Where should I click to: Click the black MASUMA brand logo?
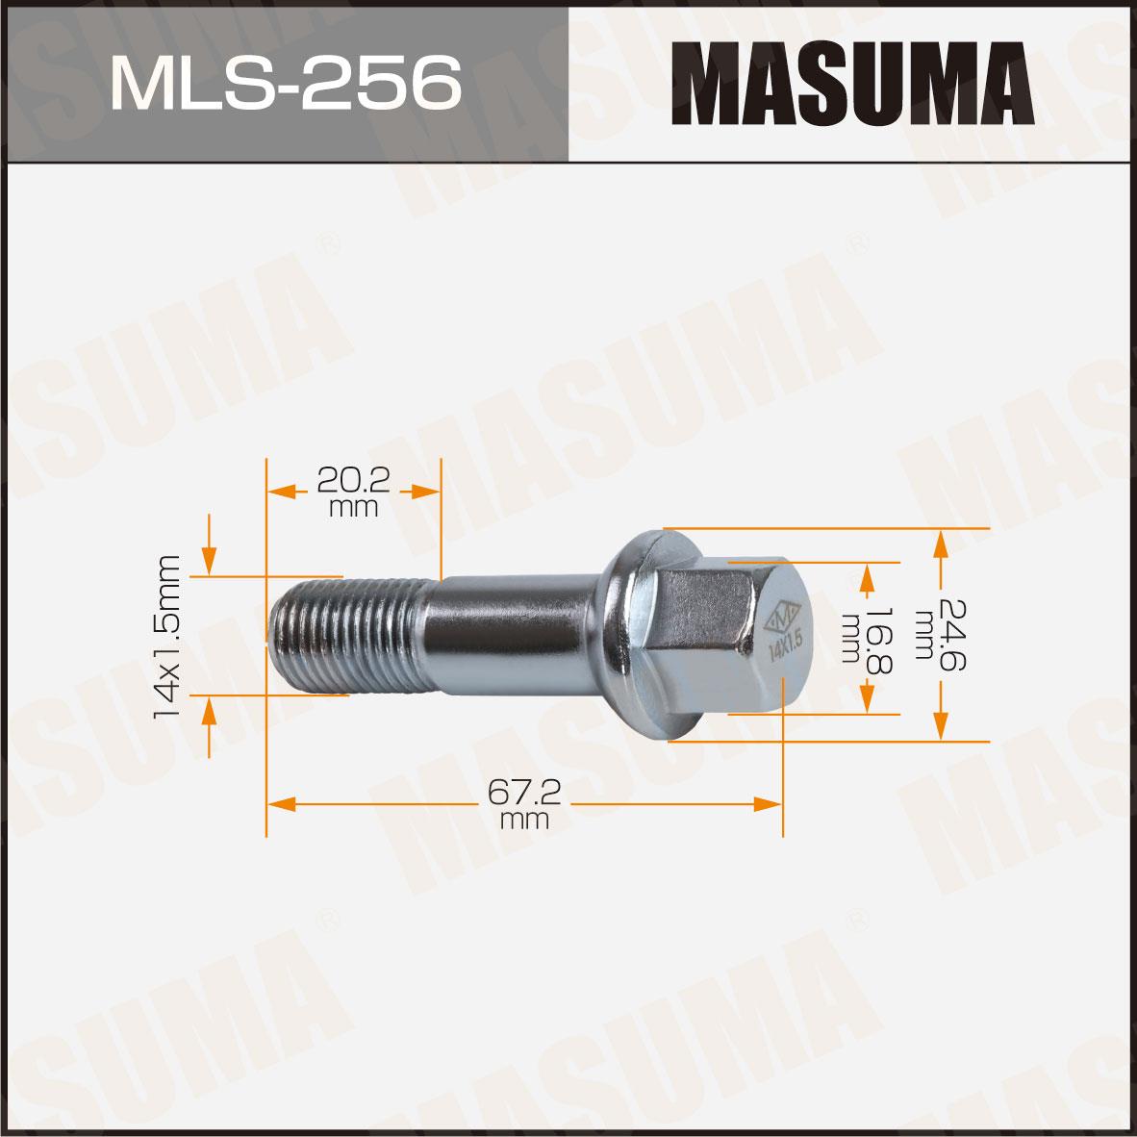pos(852,84)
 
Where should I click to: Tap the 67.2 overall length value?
pos(523,793)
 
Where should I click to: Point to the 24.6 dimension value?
pos(953,635)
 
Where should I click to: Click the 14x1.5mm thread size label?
pos(166,637)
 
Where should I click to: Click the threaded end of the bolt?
pos(346,636)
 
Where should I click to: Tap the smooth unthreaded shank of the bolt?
pos(514,635)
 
